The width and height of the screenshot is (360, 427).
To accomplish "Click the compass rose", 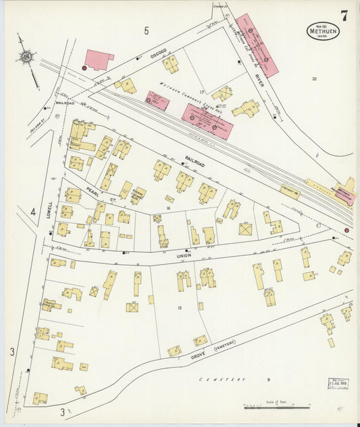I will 26,57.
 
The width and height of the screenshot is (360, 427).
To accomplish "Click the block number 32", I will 314,79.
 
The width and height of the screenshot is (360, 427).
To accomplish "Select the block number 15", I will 179,308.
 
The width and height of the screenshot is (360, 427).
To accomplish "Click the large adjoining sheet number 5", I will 146,30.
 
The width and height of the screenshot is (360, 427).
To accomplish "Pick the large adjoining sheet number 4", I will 32,212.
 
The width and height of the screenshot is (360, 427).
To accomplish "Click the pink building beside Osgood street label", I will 99,59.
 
